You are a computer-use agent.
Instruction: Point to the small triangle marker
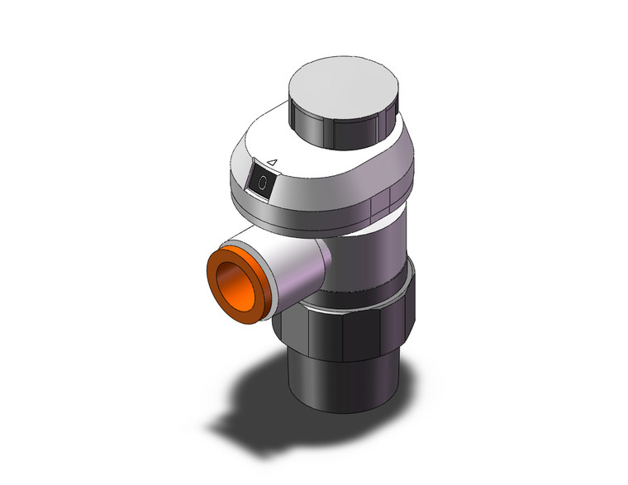273,162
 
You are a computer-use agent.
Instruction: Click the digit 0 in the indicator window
262,183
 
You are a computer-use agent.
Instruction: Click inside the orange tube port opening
236,288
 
